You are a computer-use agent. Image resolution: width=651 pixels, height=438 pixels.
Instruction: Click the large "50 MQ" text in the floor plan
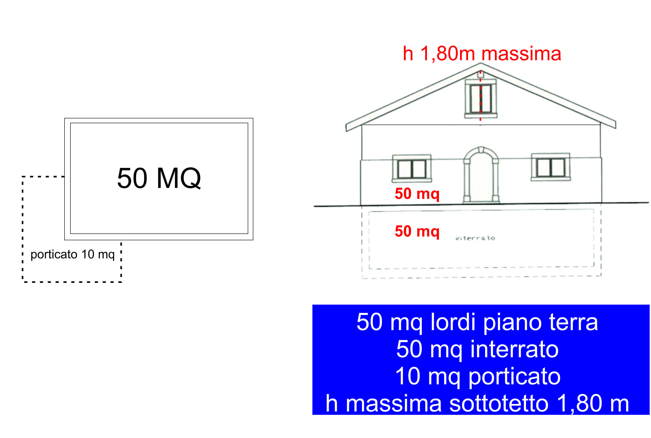click(159, 178)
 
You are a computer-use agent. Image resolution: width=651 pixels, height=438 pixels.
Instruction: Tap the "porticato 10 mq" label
click(73, 254)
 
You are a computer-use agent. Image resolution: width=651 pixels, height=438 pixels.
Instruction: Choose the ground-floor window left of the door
click(412, 169)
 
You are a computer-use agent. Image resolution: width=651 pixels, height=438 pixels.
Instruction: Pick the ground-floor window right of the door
click(550, 167)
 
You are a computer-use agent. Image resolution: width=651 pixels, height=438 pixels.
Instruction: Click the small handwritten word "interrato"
click(475, 238)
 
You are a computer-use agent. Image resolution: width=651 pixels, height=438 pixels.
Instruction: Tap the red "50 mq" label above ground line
click(417, 194)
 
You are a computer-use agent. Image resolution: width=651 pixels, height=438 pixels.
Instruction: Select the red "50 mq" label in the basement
click(417, 231)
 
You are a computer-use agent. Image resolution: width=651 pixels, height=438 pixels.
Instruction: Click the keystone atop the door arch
click(481, 150)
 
